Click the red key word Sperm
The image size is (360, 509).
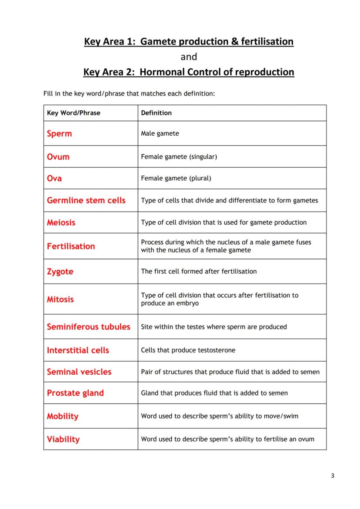coord(59,133)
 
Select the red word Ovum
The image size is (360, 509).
coord(58,156)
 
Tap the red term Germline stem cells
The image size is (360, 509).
coord(86,200)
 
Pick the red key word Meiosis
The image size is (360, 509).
coord(61,223)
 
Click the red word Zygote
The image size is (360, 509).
coord(60,272)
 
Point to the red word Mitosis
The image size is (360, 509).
coord(60,299)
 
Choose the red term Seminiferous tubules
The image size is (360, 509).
coord(88,327)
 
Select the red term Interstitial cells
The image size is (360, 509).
coord(78,350)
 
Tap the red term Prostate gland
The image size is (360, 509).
coord(75,393)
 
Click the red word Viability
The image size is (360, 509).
coord(63,439)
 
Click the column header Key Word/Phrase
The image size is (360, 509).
coord(73,113)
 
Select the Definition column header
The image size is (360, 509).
coord(156,113)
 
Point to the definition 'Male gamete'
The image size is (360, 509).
coord(160,133)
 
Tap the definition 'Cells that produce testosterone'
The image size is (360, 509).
coord(188,350)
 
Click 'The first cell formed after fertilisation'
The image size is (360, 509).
coord(199,271)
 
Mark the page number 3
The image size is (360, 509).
coord(332,476)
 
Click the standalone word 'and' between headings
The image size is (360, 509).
coord(189,57)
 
